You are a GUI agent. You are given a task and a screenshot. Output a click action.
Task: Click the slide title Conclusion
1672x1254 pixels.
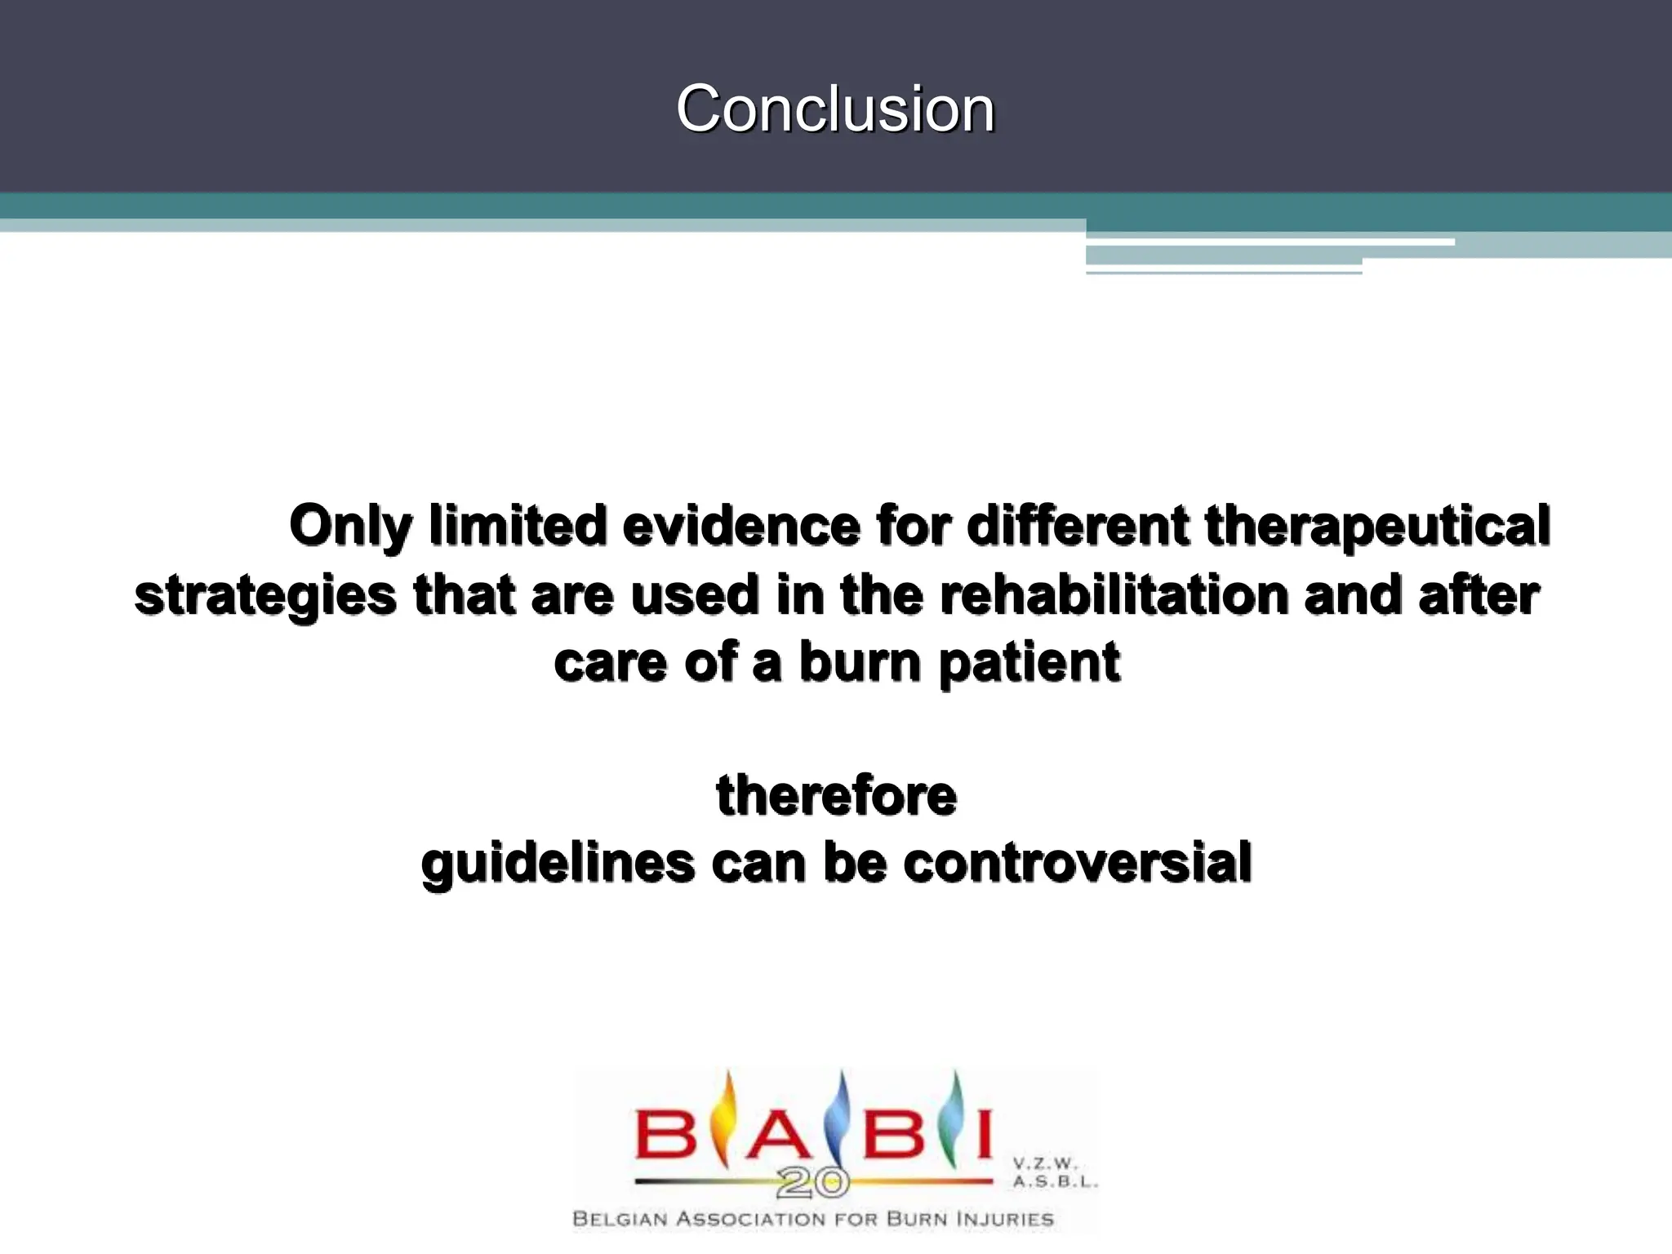click(x=835, y=109)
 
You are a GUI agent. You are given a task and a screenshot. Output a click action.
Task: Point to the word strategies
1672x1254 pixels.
click(x=265, y=595)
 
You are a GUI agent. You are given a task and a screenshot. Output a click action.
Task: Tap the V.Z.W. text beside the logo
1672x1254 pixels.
click(x=1046, y=1163)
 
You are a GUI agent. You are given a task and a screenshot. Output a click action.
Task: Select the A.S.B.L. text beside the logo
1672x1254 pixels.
click(x=1055, y=1181)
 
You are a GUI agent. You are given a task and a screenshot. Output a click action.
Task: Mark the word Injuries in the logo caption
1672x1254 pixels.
click(x=1007, y=1220)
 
